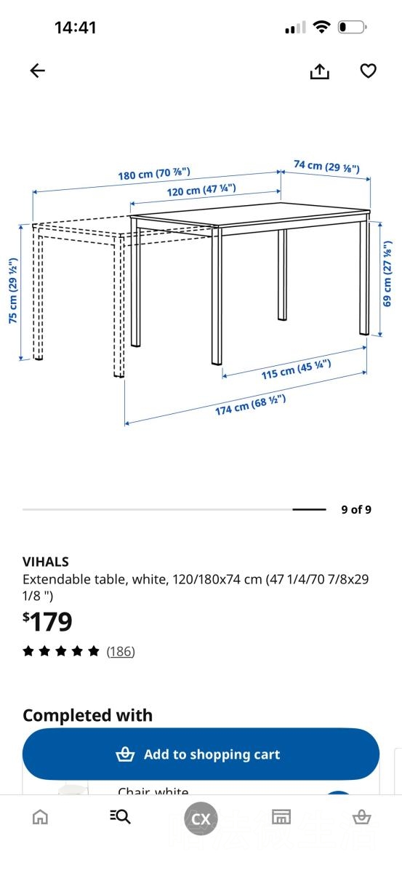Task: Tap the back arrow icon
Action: [37, 71]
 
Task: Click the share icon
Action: [319, 71]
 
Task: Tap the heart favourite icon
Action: [368, 71]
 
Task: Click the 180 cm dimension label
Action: [154, 174]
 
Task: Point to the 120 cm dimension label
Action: [201, 190]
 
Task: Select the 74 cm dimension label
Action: [327, 167]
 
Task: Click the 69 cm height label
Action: [387, 274]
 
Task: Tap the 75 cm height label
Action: [13, 290]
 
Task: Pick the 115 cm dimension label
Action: [297, 370]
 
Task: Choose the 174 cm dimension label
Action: [251, 405]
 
